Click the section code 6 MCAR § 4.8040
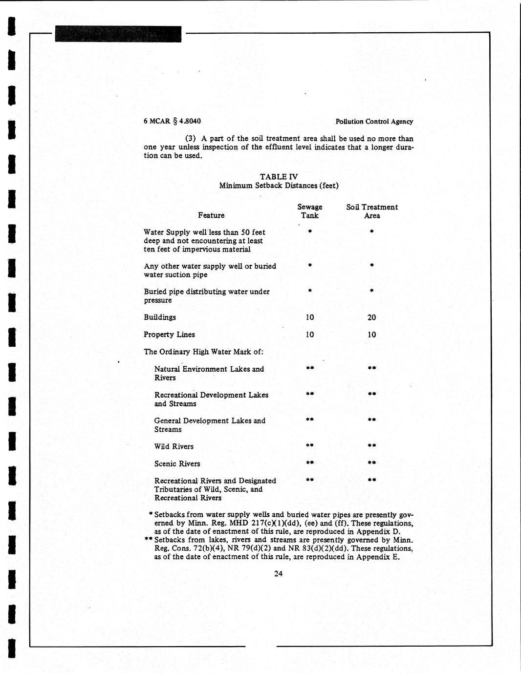[172, 121]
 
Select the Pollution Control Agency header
[374, 122]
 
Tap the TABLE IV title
[279, 177]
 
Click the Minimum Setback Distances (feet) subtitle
[279, 186]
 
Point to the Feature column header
[211, 215]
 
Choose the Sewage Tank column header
[310, 211]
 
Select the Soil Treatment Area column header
[372, 211]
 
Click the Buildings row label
[160, 317]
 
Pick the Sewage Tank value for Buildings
[310, 317]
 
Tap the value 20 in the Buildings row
[372, 317]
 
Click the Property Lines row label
[169, 335]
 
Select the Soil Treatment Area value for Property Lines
[372, 335]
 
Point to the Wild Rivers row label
[174, 446]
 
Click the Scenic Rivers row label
[177, 463]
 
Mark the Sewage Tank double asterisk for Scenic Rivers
[310, 463]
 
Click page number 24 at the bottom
[279, 573]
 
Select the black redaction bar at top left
[118, 34]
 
